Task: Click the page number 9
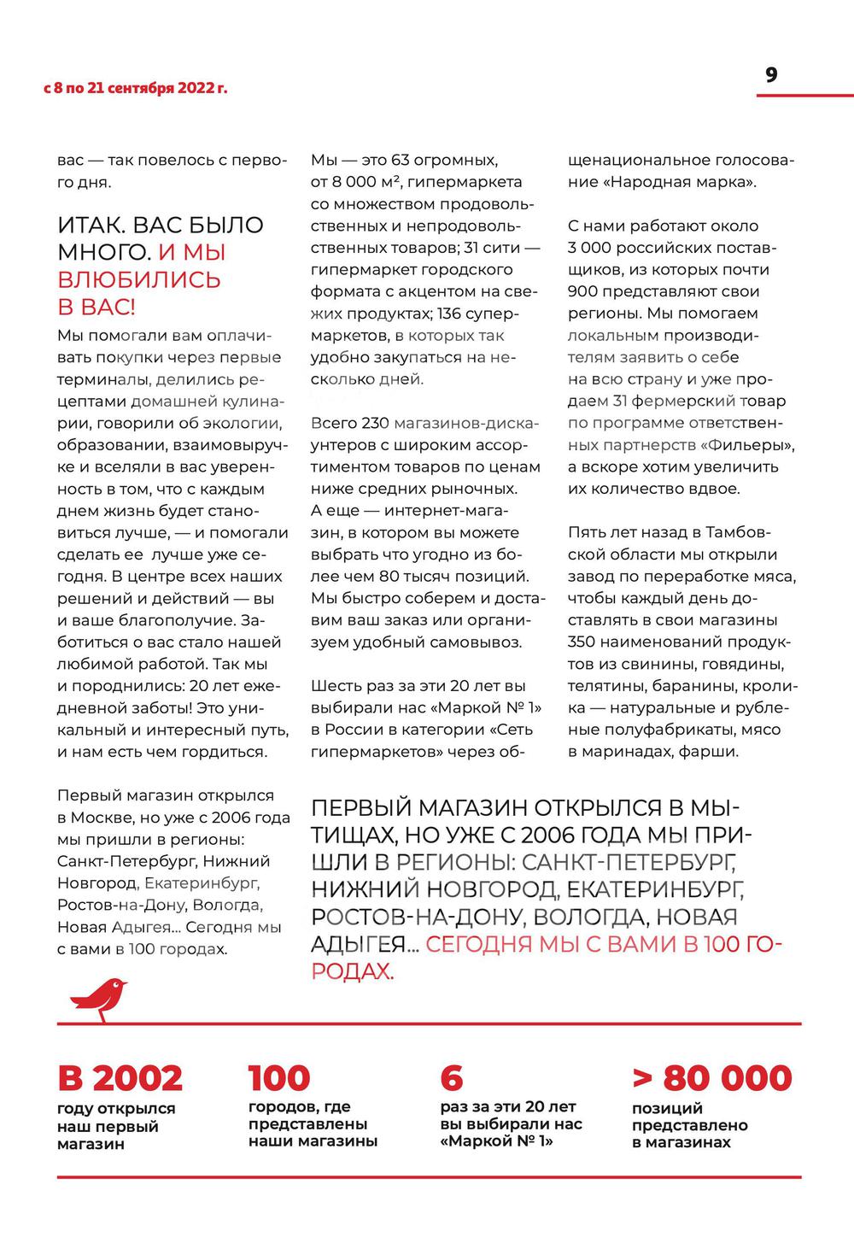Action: pos(771,75)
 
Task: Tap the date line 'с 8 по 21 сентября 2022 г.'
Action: pos(136,88)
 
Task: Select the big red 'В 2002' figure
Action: pos(120,1078)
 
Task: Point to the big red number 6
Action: pos(452,1078)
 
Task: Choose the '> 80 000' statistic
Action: pos(712,1078)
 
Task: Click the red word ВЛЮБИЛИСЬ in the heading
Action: pos(139,279)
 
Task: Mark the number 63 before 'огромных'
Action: pos(400,161)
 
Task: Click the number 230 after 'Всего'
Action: pos(375,423)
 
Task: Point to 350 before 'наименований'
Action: pos(584,642)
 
